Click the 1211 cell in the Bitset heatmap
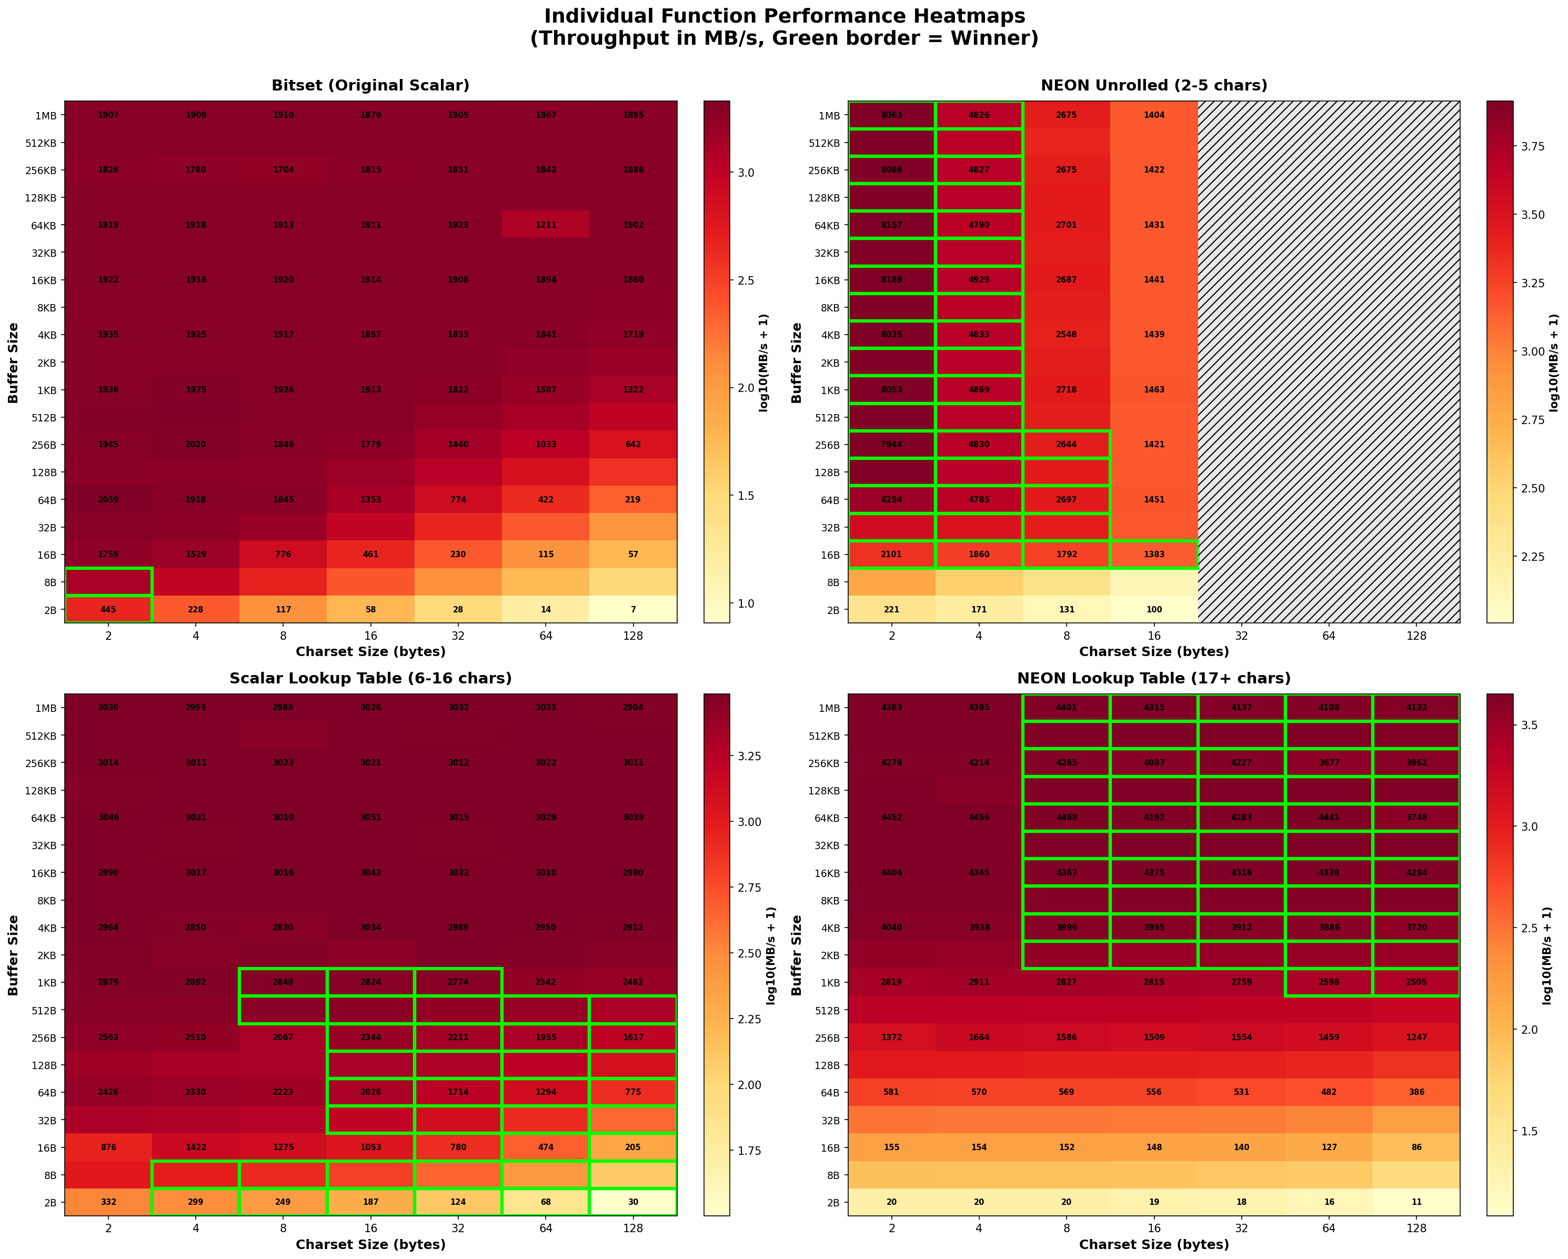(x=546, y=225)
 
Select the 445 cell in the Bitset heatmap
(x=108, y=609)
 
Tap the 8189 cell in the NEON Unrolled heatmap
(x=892, y=280)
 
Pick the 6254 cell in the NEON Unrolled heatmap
(x=892, y=500)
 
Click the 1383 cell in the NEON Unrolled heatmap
(x=1154, y=554)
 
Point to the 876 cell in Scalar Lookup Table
(x=108, y=1147)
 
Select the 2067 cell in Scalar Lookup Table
(x=283, y=1037)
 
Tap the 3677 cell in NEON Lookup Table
(x=1329, y=763)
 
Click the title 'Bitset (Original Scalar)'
(x=370, y=85)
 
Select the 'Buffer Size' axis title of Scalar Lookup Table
(x=13, y=955)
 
